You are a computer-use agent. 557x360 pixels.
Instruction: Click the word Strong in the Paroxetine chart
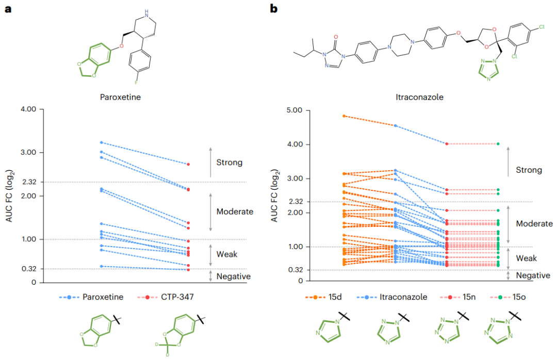pos(230,162)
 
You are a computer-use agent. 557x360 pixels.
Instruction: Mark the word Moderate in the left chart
pos(235,211)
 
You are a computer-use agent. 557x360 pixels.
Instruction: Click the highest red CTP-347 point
pos(189,164)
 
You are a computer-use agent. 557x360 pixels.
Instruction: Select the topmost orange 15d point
pos(343,116)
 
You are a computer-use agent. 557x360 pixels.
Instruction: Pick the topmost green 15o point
pos(498,144)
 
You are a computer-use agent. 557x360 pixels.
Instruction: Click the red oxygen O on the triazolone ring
pos(336,37)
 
